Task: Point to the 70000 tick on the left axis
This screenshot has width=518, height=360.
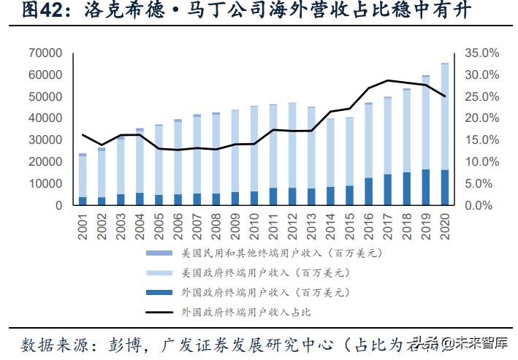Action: coord(47,53)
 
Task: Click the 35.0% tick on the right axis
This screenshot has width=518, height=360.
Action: coord(481,53)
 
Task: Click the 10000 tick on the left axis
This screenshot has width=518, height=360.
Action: coord(47,184)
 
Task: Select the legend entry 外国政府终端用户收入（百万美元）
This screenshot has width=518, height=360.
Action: coord(263,292)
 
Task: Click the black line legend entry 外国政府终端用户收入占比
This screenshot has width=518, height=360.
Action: coord(245,312)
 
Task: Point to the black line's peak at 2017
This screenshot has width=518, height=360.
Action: coord(387,80)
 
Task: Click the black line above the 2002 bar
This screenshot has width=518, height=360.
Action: coord(102,145)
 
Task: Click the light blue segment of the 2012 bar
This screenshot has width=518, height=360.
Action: coord(292,146)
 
